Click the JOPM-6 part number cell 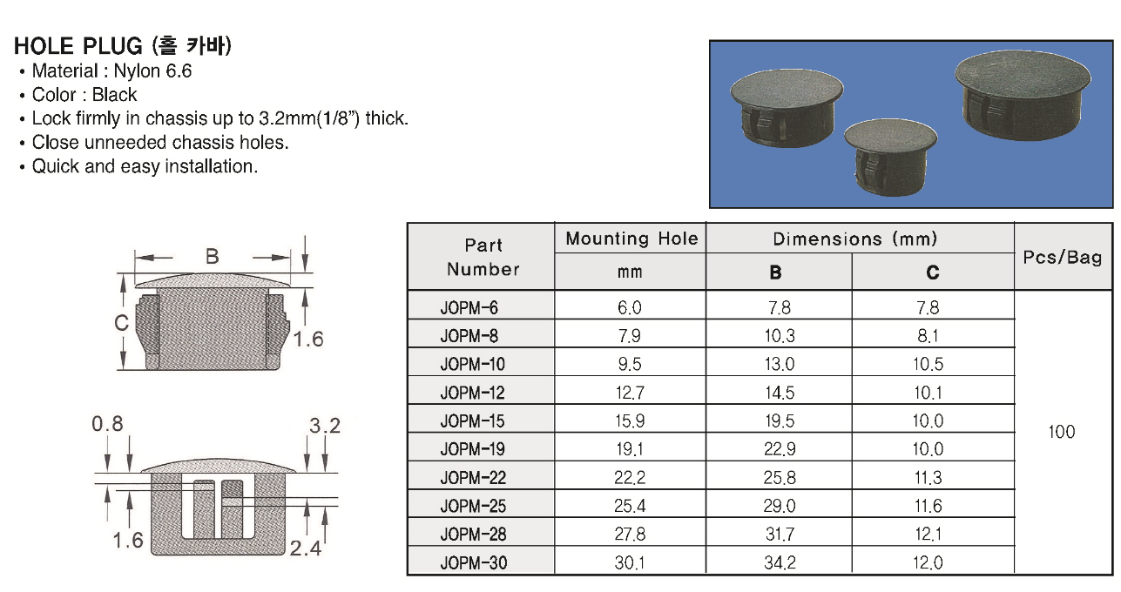469,307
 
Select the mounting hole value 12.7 630,393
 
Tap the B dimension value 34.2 780,562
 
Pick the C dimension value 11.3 928,477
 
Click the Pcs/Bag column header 1063,257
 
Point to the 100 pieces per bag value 1062,432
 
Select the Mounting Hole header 631,239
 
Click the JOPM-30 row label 474,563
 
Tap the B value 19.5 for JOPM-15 780,420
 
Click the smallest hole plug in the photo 890,157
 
